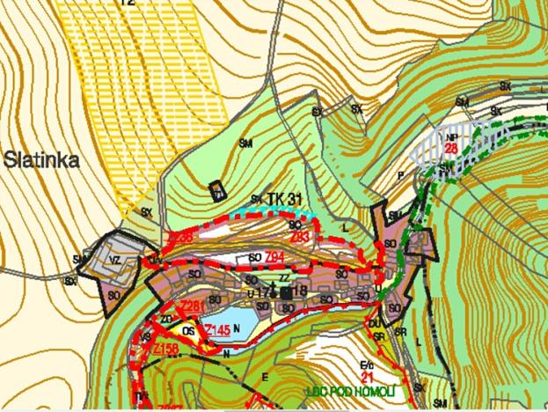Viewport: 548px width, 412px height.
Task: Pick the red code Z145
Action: pos(217,330)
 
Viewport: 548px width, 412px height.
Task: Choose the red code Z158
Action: pos(164,349)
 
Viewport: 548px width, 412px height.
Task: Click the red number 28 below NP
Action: pos(449,148)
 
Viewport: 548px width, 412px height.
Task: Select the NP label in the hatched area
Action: pos(451,137)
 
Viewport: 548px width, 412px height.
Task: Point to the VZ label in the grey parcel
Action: pos(114,261)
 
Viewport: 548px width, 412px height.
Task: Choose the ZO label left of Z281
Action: pos(165,319)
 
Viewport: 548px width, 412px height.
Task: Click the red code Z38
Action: pos(179,239)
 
